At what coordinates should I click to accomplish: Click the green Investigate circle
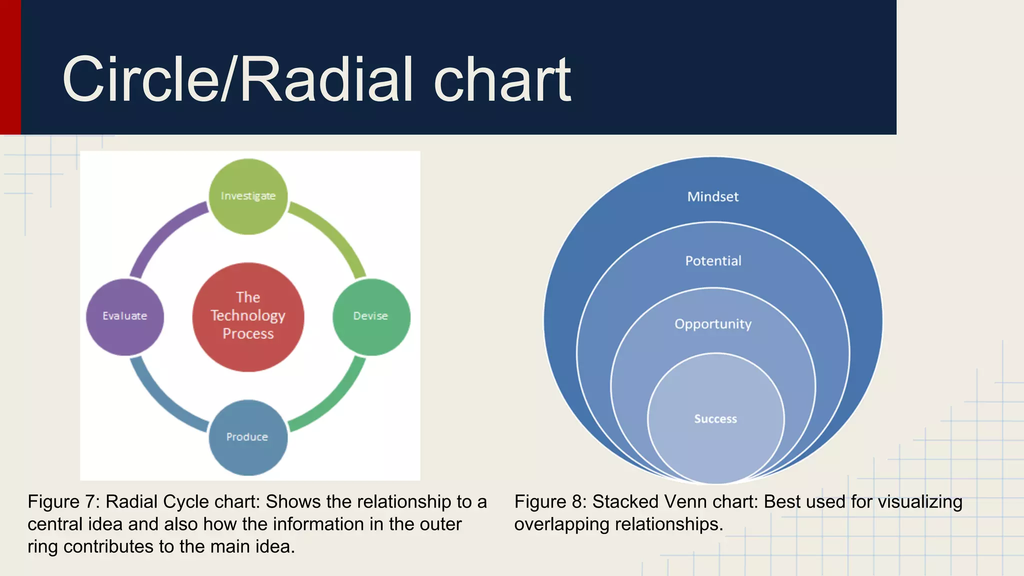coord(248,196)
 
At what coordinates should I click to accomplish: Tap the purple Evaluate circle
coord(125,316)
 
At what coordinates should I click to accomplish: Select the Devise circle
coord(371,316)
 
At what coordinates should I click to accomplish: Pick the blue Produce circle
coord(247,437)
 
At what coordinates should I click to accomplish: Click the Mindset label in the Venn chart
coord(712,196)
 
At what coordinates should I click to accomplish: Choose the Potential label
coord(713,261)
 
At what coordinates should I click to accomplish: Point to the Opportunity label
coord(713,324)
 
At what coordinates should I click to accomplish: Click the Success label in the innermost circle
coord(715,419)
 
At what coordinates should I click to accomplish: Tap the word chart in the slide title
coord(502,80)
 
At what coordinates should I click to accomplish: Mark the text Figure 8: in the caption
coord(550,501)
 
